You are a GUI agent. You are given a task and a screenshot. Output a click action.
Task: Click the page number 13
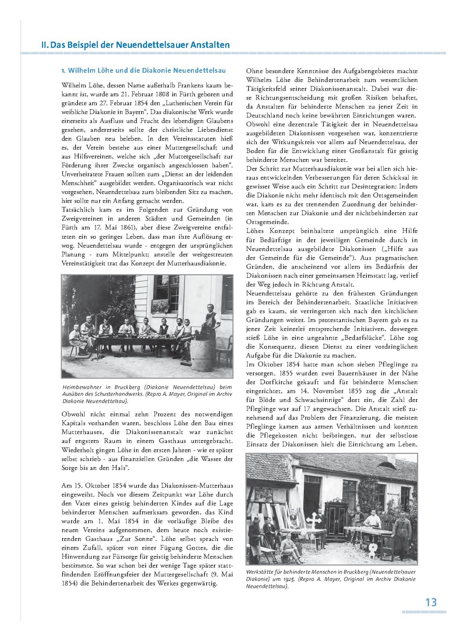tap(431, 602)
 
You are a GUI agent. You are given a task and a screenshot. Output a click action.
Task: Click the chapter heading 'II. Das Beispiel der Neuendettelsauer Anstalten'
tap(135, 45)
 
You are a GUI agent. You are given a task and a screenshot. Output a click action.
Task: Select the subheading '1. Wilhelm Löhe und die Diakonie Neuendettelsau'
tap(143, 70)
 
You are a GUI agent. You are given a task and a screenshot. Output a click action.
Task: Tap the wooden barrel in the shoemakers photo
tap(202, 355)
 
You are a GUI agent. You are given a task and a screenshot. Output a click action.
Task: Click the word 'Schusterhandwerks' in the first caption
tap(118, 394)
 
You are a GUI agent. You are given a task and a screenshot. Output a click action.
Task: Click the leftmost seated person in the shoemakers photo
tap(76, 338)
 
